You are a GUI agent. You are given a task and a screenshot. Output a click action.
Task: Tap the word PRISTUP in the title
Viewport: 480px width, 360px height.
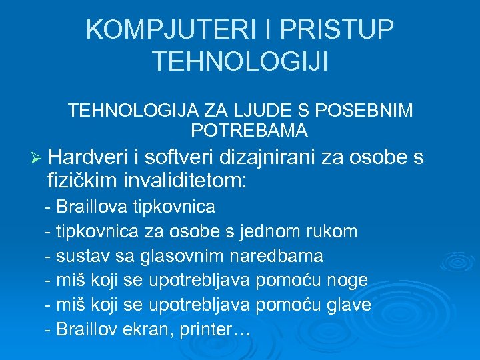click(x=338, y=30)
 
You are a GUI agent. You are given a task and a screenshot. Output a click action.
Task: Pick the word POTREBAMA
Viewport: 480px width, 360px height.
click(x=249, y=130)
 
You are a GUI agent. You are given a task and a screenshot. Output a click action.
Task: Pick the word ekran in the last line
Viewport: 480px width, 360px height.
click(x=149, y=329)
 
